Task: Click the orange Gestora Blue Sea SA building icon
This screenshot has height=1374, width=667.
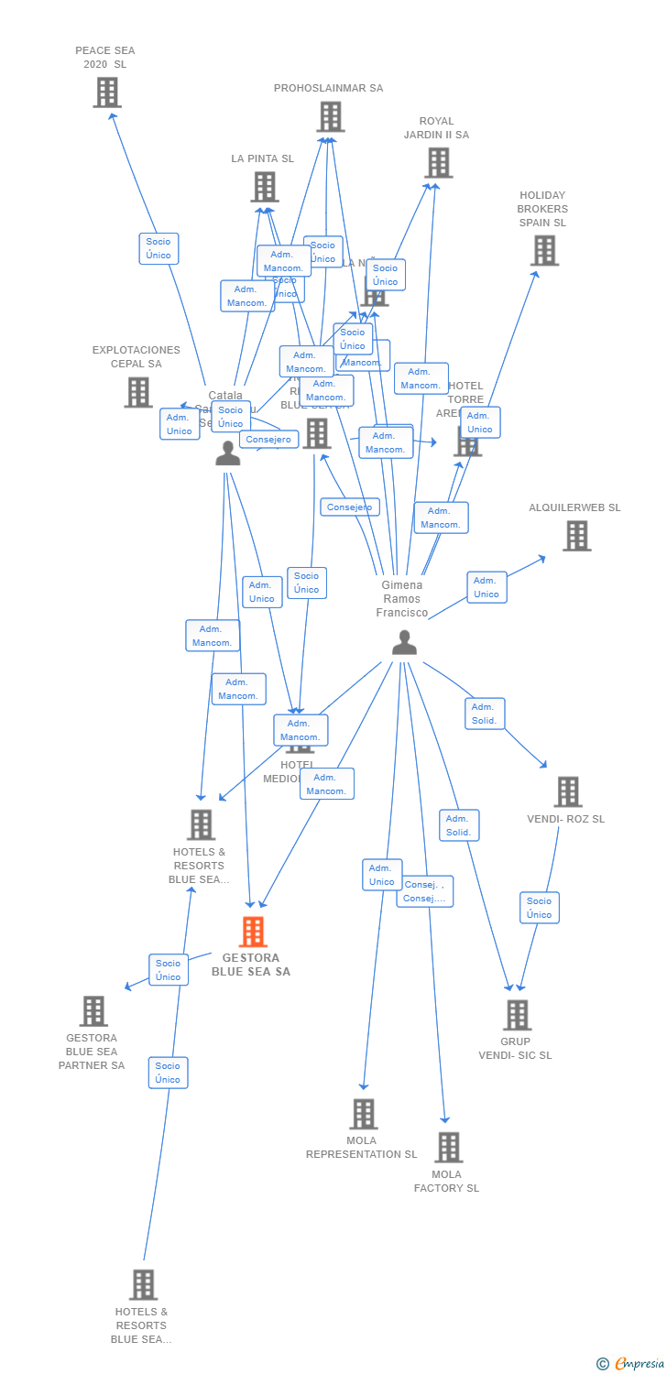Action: click(252, 932)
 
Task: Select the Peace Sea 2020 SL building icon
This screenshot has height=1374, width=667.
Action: click(107, 93)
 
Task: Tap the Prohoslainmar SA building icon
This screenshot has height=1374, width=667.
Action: click(330, 117)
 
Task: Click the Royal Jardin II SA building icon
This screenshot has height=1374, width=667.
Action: click(438, 163)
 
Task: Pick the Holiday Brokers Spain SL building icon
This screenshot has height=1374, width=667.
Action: click(544, 250)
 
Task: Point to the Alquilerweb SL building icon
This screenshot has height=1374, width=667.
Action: click(576, 536)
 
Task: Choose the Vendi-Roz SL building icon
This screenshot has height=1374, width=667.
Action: click(567, 791)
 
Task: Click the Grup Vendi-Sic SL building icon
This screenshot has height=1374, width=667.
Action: click(517, 1015)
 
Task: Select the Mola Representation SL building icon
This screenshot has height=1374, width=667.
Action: click(363, 1114)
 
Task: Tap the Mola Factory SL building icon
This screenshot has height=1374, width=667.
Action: click(448, 1147)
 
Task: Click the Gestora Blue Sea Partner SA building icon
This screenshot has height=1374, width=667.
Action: click(93, 1011)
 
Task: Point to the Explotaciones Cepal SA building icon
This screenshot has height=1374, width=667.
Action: click(138, 392)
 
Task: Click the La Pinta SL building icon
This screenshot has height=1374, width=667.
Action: click(265, 187)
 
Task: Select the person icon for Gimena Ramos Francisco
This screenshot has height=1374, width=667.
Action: click(404, 643)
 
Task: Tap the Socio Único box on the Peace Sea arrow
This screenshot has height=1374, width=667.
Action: click(159, 248)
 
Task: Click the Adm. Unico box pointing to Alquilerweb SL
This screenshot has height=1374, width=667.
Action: click(487, 587)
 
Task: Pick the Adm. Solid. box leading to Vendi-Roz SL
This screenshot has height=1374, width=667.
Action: click(485, 714)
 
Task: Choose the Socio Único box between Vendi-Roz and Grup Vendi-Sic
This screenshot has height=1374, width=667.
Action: click(539, 908)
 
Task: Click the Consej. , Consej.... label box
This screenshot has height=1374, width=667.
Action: click(425, 891)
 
